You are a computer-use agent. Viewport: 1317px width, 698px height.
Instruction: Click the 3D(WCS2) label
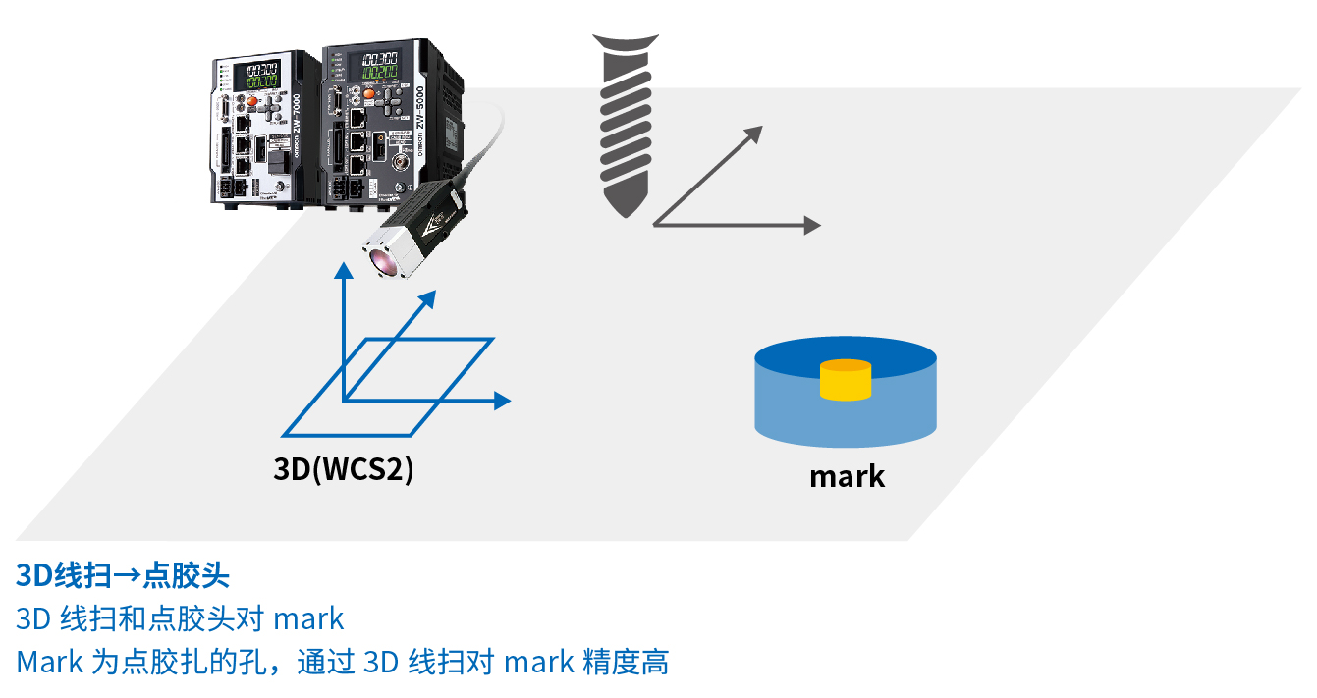click(343, 469)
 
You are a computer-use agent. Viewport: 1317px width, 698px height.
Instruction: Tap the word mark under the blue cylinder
click(847, 477)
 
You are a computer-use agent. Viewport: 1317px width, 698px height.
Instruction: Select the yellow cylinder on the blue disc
click(846, 380)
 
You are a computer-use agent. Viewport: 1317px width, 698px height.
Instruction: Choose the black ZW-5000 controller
click(388, 123)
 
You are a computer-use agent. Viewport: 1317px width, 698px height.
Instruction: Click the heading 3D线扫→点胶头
click(123, 574)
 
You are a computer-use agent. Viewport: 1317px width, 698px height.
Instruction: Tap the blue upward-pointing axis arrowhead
click(342, 270)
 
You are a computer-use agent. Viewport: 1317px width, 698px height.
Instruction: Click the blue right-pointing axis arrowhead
click(502, 400)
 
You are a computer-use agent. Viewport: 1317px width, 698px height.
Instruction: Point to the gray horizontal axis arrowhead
click(811, 225)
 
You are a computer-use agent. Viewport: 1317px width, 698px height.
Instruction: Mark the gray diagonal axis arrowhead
click(753, 134)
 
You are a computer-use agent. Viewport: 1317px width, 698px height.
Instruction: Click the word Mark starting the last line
click(49, 662)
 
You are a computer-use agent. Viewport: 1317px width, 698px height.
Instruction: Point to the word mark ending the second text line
click(308, 618)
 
